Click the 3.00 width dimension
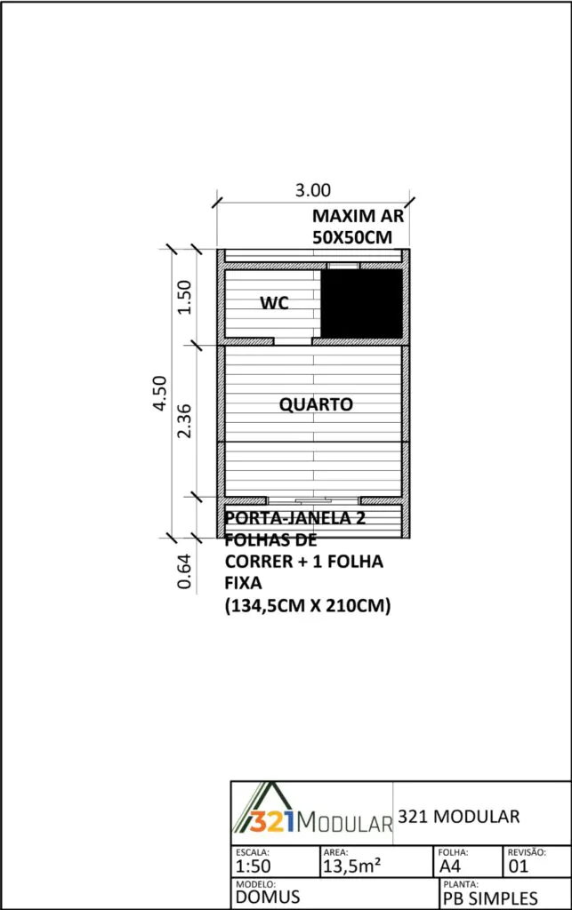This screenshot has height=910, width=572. [x=313, y=190]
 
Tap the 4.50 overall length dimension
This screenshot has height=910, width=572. [x=160, y=393]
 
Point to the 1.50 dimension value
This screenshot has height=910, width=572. [x=184, y=297]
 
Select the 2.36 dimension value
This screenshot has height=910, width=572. [x=184, y=420]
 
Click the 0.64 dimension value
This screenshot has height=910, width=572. [x=184, y=571]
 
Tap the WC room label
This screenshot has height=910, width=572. [x=274, y=302]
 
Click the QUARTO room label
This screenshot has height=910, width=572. [x=316, y=404]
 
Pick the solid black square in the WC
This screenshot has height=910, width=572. [x=362, y=303]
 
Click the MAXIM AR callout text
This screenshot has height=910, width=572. [x=358, y=216]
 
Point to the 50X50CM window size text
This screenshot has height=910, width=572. [x=352, y=237]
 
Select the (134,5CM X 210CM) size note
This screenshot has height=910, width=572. [x=308, y=605]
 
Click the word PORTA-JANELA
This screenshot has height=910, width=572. [x=286, y=518]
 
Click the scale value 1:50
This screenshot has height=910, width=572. [x=254, y=866]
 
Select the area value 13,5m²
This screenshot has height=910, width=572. [x=352, y=866]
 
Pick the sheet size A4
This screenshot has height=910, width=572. [x=450, y=866]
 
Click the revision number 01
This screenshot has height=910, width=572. [x=519, y=866]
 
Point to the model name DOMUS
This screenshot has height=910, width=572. [x=268, y=898]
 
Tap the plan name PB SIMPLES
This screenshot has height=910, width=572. [x=490, y=898]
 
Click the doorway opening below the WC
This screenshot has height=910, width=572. [x=294, y=341]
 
